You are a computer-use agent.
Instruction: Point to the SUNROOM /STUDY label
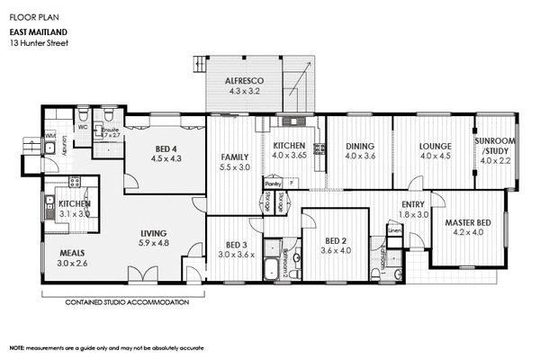[496, 146]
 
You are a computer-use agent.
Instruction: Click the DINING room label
[360, 146]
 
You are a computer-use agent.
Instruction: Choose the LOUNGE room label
[435, 146]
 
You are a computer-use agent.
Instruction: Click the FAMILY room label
[235, 157]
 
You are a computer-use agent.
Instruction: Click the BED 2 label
[334, 240]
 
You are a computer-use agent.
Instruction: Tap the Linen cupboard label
[394, 231]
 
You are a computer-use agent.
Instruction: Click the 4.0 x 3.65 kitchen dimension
[291, 156]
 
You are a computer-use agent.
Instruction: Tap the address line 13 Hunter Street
[41, 43]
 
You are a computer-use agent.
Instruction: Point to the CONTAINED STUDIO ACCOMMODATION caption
[127, 302]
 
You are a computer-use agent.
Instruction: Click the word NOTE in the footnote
[17, 347]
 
